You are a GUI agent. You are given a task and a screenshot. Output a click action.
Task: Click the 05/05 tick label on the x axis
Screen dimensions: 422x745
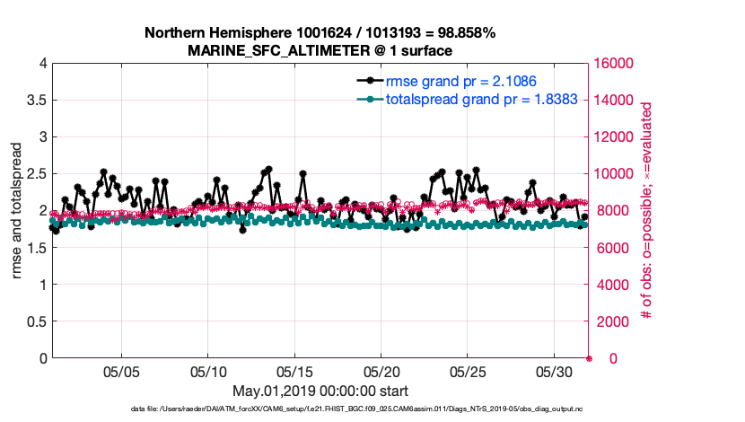(121, 372)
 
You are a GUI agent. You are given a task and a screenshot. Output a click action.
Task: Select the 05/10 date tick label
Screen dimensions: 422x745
(208, 372)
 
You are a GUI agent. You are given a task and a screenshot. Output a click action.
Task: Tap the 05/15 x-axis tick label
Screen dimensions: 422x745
(294, 372)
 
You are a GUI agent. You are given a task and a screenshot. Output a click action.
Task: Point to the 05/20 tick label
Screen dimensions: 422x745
(381, 372)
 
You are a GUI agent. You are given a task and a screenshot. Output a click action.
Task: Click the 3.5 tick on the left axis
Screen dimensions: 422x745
(36, 101)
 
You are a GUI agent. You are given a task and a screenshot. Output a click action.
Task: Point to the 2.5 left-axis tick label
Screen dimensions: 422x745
(36, 174)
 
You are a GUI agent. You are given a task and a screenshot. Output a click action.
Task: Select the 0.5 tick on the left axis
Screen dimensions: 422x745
(36, 321)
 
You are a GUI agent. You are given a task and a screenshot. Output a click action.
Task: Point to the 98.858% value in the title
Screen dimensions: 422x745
(461, 33)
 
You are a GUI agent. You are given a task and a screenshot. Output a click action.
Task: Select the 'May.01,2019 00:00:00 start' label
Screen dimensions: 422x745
(320, 391)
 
